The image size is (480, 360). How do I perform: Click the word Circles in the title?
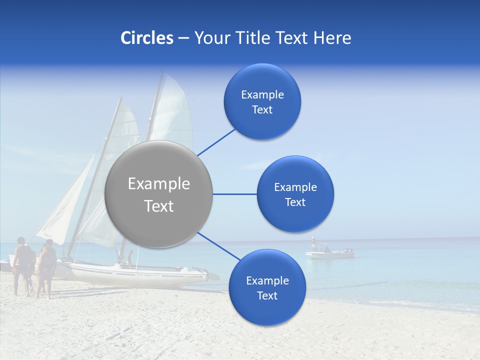pos(147,38)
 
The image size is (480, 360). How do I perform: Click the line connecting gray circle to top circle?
pos(216,141)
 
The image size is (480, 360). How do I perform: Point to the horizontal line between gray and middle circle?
pos(234,194)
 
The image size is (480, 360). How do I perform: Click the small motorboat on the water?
pos(330,254)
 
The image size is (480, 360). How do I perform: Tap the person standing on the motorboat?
pos(313,243)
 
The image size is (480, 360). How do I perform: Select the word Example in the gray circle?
pos(159,184)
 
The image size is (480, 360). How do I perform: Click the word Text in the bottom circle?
pos(267,295)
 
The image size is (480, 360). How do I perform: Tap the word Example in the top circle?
pos(262,94)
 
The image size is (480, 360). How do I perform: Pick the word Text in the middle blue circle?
pos(295,202)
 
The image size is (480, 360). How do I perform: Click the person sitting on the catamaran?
pos(130,257)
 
